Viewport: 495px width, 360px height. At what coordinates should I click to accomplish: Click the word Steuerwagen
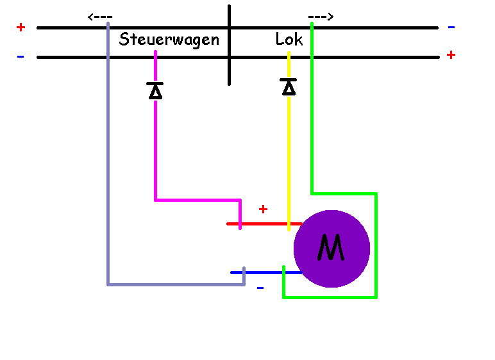[169, 40]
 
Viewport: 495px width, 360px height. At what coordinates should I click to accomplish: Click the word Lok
[289, 40]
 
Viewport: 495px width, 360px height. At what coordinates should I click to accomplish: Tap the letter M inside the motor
[331, 248]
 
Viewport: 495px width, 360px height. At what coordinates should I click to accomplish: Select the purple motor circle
[349, 269]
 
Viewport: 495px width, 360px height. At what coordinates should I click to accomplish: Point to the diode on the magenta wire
[155, 91]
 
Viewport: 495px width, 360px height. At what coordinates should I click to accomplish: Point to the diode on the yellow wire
[289, 86]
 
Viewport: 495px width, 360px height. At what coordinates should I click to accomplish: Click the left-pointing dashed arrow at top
[100, 17]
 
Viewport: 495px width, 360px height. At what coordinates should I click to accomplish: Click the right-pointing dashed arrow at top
[320, 17]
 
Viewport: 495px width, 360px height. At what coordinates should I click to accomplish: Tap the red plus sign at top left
[21, 28]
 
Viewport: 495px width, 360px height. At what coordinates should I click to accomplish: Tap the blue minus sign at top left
[21, 56]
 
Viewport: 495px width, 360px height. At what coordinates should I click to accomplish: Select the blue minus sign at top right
[451, 28]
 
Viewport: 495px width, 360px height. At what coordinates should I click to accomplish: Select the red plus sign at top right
[451, 55]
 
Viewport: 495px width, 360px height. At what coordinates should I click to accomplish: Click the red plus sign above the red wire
[263, 209]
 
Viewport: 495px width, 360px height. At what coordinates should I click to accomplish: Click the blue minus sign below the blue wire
[260, 288]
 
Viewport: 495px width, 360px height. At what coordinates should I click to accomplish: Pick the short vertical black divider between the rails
[229, 45]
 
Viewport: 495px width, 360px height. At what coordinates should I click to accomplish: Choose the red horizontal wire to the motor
[263, 224]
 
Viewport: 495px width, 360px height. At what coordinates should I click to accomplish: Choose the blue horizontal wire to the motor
[263, 272]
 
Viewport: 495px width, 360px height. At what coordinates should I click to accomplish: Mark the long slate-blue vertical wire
[108, 160]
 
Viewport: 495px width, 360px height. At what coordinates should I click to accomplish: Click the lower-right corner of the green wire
[376, 297]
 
